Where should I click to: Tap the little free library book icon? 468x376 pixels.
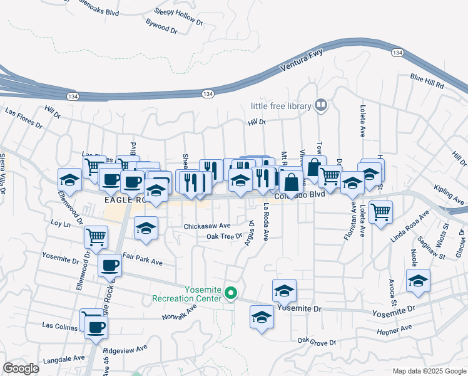click(322, 105)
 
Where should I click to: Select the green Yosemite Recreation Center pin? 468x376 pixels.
click(231, 293)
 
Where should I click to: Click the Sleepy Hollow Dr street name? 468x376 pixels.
click(179, 15)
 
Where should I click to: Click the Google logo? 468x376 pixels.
click(21, 368)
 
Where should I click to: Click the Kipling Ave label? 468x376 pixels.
click(449, 194)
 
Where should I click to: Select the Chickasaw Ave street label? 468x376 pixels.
click(207, 226)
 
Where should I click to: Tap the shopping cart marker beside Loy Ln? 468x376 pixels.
click(96, 237)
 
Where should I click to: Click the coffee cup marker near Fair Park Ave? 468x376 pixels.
click(109, 265)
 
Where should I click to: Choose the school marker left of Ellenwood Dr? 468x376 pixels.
click(69, 179)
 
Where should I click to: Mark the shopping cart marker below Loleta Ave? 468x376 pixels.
click(380, 212)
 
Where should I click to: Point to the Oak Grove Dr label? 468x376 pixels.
click(317, 342)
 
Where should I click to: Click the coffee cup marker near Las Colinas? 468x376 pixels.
click(96, 326)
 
